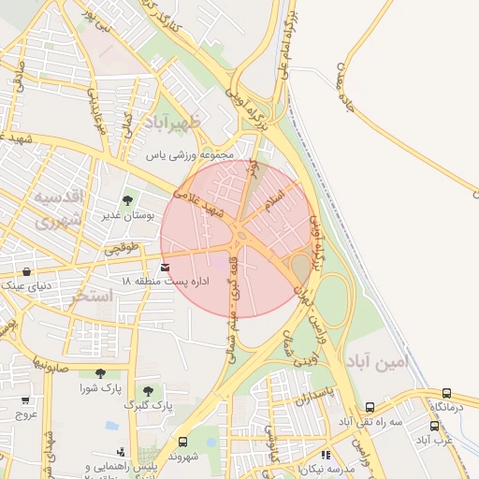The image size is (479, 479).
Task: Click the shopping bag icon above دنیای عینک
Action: pyautogui.click(x=26, y=271)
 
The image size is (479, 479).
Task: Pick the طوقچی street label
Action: pyautogui.click(x=121, y=248)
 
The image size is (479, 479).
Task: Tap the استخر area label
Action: pyautogui.click(x=92, y=296)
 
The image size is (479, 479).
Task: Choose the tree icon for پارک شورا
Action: pyautogui.click(x=100, y=373)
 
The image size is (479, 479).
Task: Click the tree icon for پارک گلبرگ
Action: pyautogui.click(x=148, y=390)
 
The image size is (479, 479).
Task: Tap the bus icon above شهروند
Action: pyautogui.click(x=182, y=442)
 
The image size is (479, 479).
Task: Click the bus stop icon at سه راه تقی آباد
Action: pyautogui.click(x=370, y=408)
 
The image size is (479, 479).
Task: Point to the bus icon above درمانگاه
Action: pyautogui.click(x=446, y=394)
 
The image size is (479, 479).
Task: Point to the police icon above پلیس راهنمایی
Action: pyautogui.click(x=112, y=452)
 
